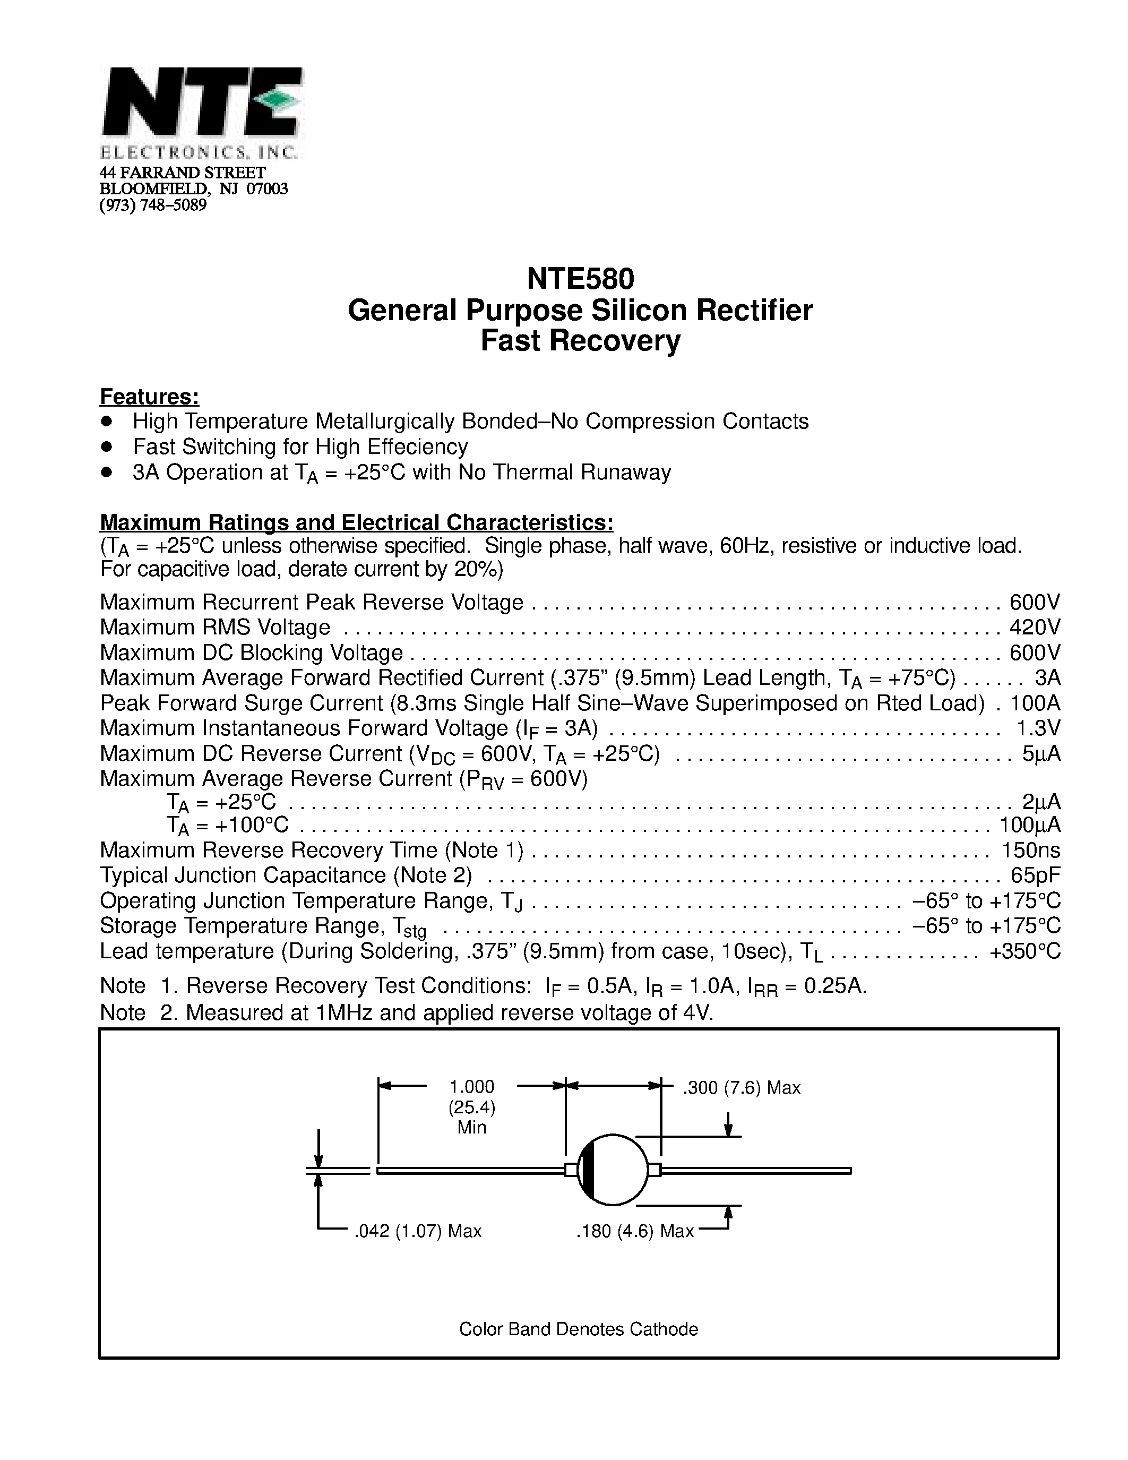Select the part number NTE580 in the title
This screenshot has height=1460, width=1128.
pyautogui.click(x=580, y=279)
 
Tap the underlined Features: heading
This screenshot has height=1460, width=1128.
pyautogui.click(x=149, y=397)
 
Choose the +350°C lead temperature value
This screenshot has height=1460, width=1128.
pyautogui.click(x=1025, y=951)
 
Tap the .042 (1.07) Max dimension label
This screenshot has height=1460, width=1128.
pyautogui.click(x=418, y=1231)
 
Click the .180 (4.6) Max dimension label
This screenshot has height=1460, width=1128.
pyautogui.click(x=635, y=1231)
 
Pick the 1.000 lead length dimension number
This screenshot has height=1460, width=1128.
pyautogui.click(x=472, y=1087)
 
